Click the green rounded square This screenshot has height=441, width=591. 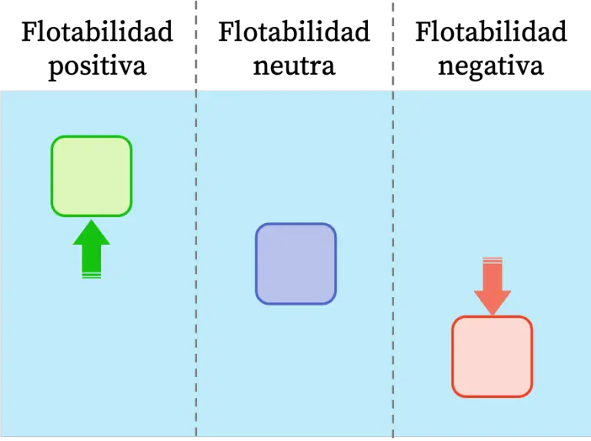[x=92, y=176]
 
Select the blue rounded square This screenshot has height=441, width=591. [x=295, y=264]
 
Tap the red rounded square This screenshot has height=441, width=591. [x=492, y=356]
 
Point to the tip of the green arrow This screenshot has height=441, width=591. [x=92, y=222]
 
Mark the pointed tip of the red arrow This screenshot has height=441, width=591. [x=492, y=314]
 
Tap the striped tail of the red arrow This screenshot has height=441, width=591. [x=492, y=261]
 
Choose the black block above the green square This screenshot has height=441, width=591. [x=95, y=43]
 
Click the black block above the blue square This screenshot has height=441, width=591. [x=293, y=43]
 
